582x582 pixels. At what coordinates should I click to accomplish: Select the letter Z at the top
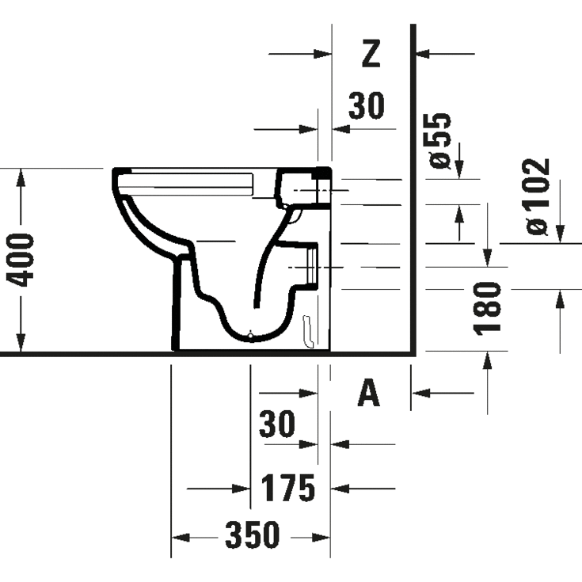[x=371, y=53]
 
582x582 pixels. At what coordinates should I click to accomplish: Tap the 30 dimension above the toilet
[x=366, y=105]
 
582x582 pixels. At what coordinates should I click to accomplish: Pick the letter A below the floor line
[x=369, y=393]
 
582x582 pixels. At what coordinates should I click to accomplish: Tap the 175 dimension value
[x=288, y=488]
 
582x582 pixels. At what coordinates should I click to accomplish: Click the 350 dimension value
[x=253, y=536]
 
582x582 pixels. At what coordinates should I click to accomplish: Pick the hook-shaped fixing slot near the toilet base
[x=309, y=331]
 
